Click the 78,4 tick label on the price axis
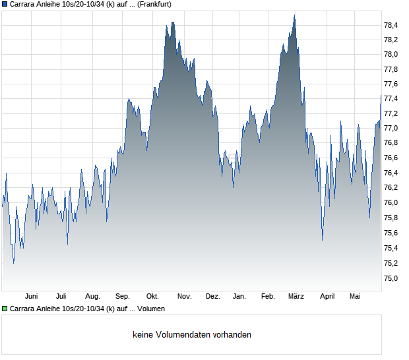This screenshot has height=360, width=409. tap(391, 25)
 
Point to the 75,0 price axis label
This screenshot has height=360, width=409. tap(391, 278)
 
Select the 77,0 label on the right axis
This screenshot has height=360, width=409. tap(391, 129)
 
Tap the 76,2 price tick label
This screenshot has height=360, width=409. tap(391, 187)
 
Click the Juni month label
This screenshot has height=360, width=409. tap(31, 297)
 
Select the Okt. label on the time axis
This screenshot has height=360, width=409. tap(152, 297)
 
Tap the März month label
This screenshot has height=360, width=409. tap(296, 297)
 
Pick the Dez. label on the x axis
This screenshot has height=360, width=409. tap(213, 297)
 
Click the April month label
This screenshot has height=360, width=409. tap(327, 297)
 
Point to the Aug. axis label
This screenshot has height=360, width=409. tap(92, 297)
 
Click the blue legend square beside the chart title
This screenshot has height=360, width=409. tap(5, 5)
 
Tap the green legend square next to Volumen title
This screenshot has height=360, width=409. tap(5, 309)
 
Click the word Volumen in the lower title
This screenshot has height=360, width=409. tap(151, 309)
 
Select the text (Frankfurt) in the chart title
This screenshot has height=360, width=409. tap(154, 5)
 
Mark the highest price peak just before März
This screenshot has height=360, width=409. tap(294, 15)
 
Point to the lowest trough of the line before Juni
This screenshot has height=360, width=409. tap(14, 263)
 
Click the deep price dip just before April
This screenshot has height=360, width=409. tap(323, 240)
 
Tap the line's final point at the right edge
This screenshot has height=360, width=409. tap(381, 96)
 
